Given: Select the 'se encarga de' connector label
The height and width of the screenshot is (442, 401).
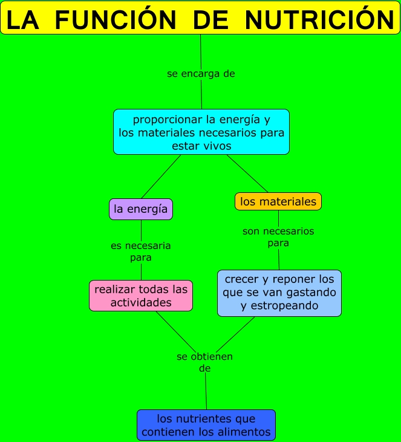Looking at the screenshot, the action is point(201,74).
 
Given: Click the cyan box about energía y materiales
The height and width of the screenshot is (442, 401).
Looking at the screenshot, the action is point(201,132).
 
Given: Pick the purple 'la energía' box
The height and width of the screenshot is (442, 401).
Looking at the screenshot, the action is point(141,209).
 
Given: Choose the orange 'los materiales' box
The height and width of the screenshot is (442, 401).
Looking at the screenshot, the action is point(278,201).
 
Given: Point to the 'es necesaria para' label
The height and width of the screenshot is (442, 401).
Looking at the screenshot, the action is point(141,252).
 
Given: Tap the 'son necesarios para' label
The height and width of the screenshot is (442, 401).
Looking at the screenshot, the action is point(278,237).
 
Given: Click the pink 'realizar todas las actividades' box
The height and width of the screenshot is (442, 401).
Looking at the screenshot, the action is point(141,296).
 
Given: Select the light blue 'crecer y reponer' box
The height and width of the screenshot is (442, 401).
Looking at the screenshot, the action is point(279,293).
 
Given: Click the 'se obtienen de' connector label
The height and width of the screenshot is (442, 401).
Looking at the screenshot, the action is point(204,362).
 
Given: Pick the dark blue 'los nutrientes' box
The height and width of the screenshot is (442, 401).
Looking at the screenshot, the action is point(206,425).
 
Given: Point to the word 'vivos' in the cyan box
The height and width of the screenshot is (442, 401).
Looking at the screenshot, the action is point(218,146).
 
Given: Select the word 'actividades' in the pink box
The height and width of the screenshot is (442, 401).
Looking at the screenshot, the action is point(141,302).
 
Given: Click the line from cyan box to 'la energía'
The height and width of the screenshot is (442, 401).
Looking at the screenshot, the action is point(161,177).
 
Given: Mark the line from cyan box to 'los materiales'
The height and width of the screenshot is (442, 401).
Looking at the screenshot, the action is point(247,174).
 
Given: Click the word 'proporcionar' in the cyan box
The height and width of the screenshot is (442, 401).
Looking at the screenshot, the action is point(160,119).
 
